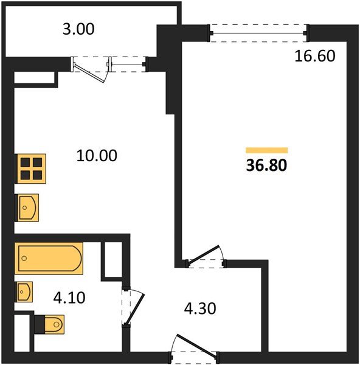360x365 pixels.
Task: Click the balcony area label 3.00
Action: click(x=78, y=29)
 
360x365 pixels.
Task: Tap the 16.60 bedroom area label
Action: click(x=314, y=56)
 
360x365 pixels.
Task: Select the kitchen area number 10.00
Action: click(x=97, y=156)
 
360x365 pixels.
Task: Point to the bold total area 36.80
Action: click(x=266, y=165)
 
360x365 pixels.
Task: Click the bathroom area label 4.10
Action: click(x=69, y=297)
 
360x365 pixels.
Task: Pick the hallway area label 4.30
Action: click(x=200, y=308)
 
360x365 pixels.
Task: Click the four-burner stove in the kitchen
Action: click(x=30, y=169)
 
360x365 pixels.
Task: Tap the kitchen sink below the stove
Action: click(x=27, y=207)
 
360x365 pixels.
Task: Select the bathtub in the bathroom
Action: click(x=49, y=259)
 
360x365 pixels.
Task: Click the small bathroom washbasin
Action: click(x=24, y=292)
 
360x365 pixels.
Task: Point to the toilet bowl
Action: click(x=55, y=324)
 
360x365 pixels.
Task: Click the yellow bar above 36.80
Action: click(x=267, y=150)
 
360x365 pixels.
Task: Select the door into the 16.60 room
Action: click(x=204, y=255)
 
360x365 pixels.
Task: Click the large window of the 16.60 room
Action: click(x=258, y=33)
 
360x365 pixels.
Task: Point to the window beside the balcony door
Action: click(x=128, y=64)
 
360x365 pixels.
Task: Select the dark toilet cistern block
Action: click(x=40, y=324)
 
